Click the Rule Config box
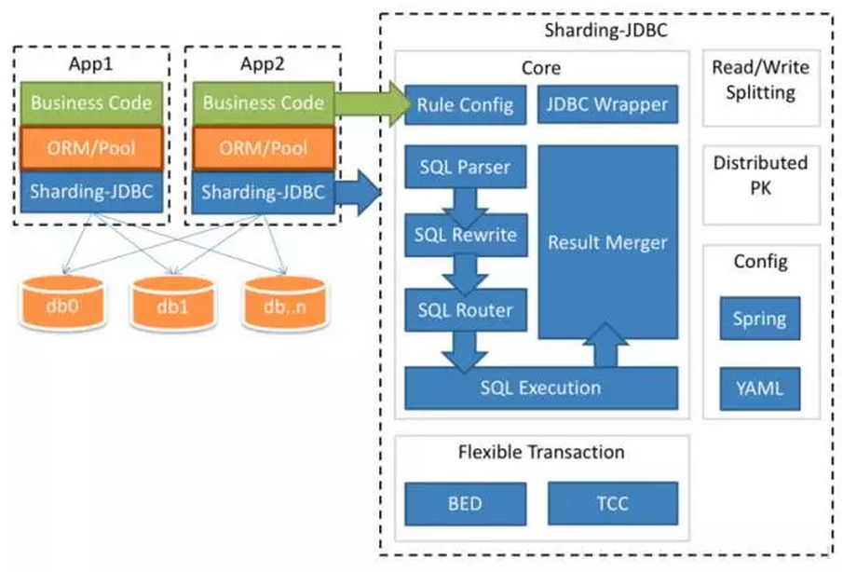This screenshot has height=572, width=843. tap(466, 105)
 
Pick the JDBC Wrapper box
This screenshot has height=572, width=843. tap(607, 104)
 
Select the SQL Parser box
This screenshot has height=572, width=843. tap(466, 167)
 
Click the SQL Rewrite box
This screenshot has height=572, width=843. tap(466, 235)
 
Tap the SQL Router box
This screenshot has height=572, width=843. tap(466, 310)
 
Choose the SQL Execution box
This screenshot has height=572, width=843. tap(541, 388)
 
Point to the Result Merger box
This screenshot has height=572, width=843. tap(607, 242)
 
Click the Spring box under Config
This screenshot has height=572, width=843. tap(760, 319)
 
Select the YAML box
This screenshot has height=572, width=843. tap(760, 388)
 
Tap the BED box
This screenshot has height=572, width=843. tap(466, 504)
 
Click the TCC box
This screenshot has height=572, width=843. tap(613, 503)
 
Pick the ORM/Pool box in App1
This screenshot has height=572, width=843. tap(91, 148)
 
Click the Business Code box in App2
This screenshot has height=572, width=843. tap(264, 102)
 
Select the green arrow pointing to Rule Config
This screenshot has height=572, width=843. tap(372, 104)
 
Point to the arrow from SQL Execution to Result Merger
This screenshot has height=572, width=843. tap(605, 345)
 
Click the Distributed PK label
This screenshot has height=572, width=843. tap(761, 175)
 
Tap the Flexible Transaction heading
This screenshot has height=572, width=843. tap(541, 452)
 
